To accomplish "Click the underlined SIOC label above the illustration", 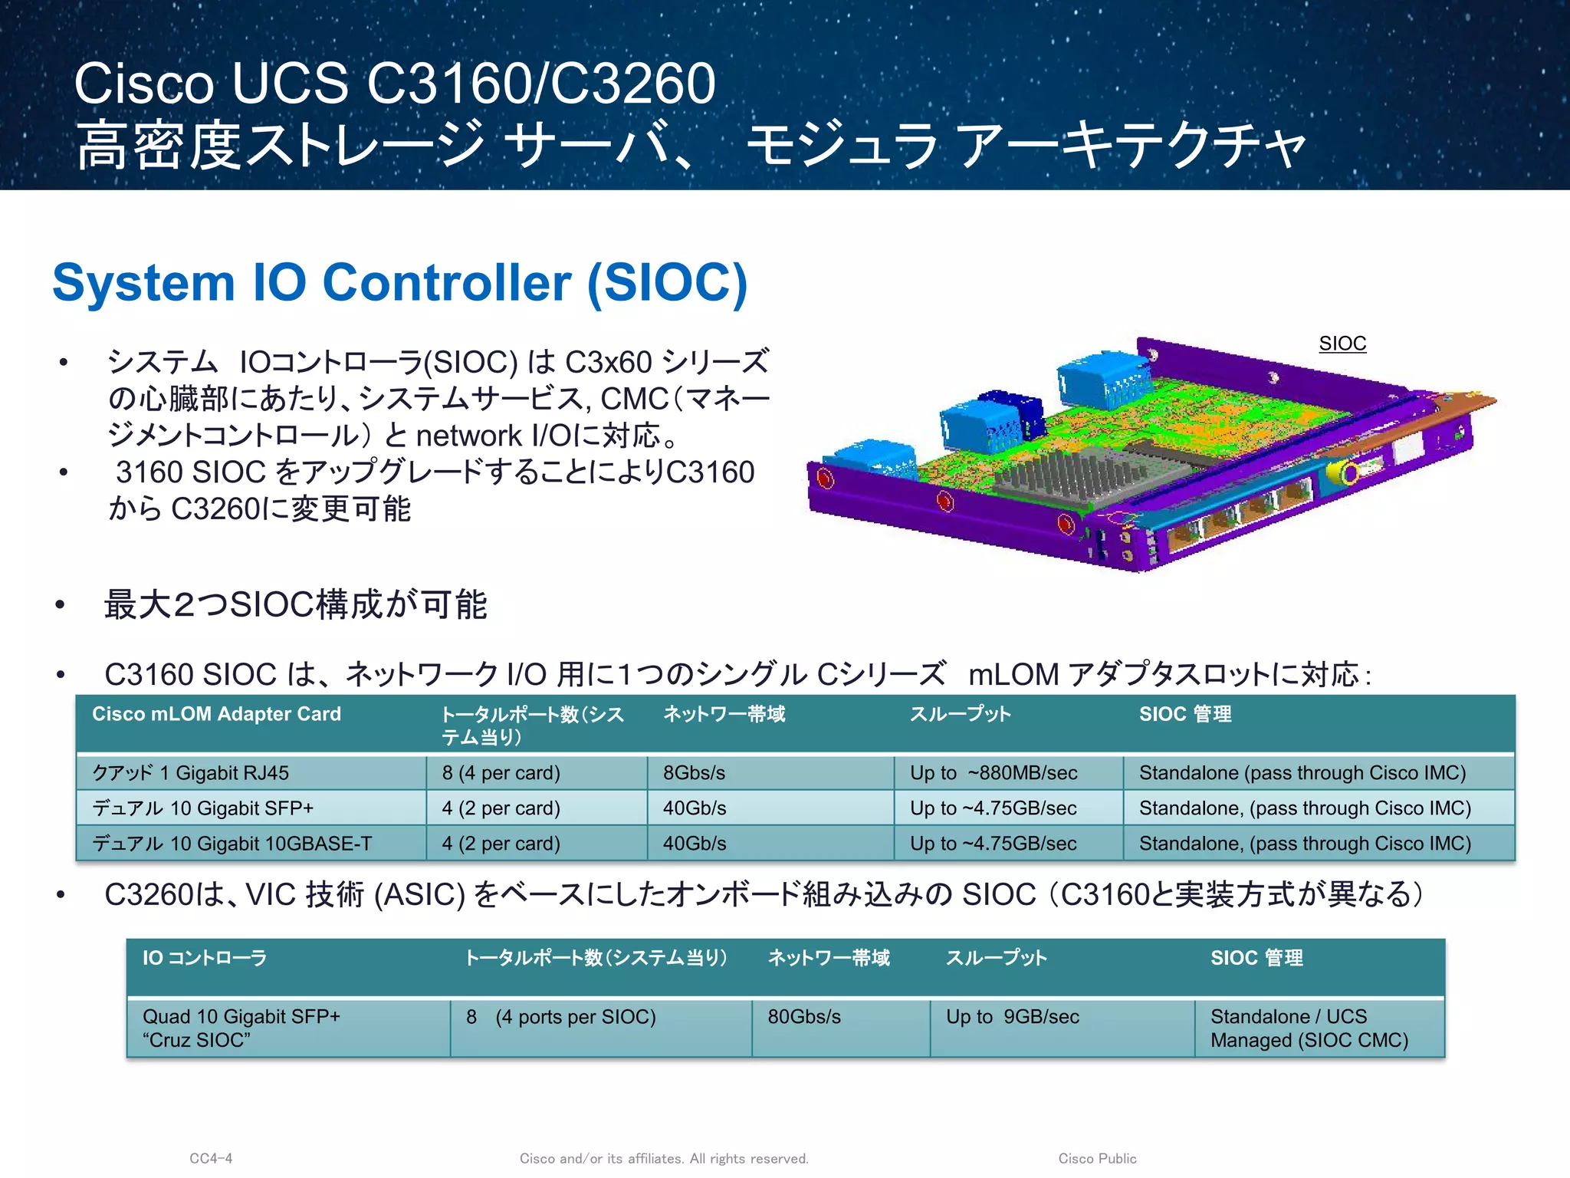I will [1342, 344].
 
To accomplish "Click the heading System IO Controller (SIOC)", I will [399, 283].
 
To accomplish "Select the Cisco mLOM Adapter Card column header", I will [216, 714].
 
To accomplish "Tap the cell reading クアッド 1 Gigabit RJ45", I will [191, 773].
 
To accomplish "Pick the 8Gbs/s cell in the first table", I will [694, 773].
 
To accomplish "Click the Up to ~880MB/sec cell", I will [994, 773].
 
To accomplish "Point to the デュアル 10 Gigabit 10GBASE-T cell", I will [232, 844].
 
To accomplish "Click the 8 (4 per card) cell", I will [501, 773].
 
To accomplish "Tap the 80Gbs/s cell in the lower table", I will [804, 1017].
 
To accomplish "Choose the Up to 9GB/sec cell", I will [1012, 1017].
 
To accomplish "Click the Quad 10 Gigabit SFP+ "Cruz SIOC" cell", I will [241, 1028].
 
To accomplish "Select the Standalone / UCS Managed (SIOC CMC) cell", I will [1309, 1028].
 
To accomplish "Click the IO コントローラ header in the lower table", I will [205, 958].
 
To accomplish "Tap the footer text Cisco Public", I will [1097, 1158].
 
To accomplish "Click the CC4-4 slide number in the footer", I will [211, 1158].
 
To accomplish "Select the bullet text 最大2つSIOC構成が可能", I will [296, 604].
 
